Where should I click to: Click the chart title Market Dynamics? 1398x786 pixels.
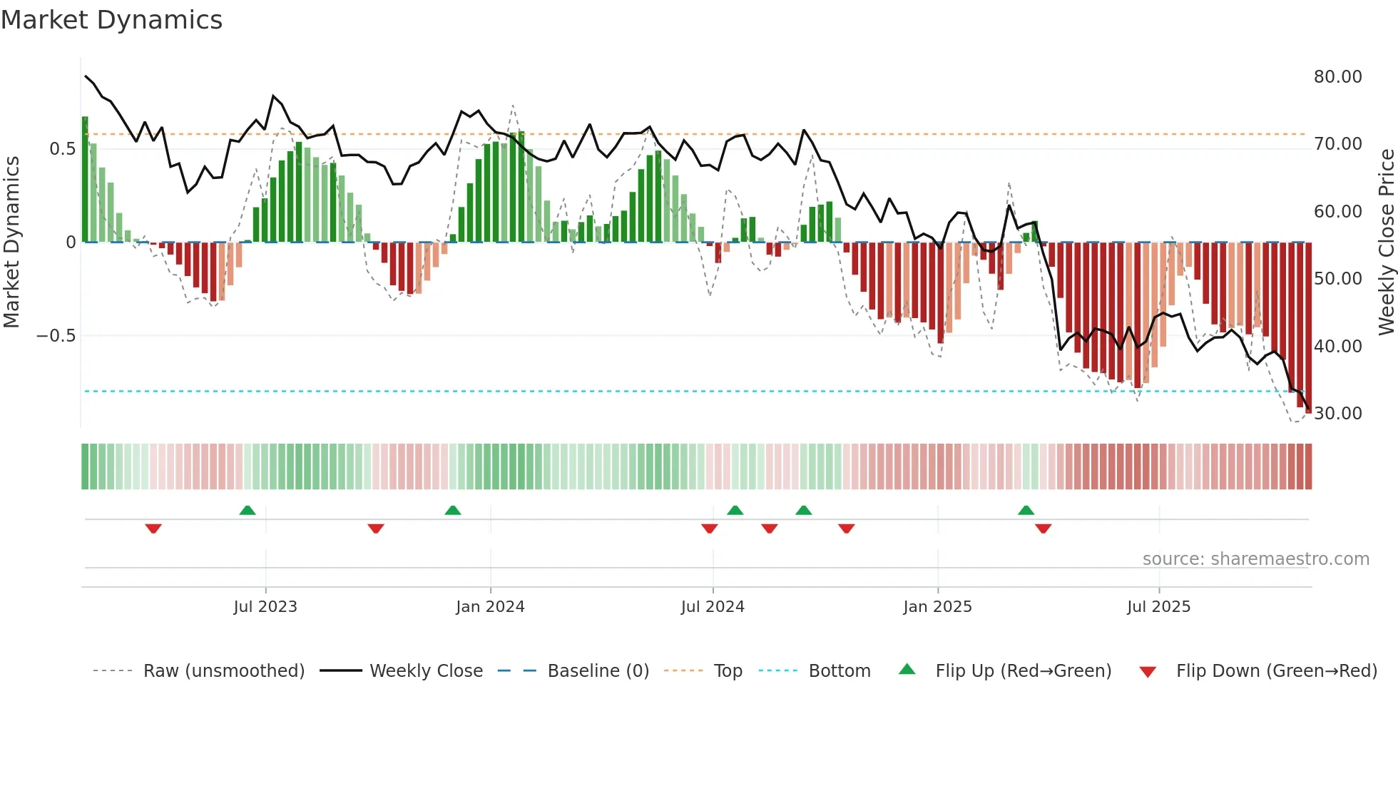pyautogui.click(x=111, y=20)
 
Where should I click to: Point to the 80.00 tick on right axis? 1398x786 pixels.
pyautogui.click(x=1337, y=77)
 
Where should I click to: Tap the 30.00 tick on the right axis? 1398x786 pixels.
pyautogui.click(x=1337, y=414)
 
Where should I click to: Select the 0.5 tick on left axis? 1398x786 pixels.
pyautogui.click(x=62, y=149)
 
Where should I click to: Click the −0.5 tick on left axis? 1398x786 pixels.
pyautogui.click(x=56, y=336)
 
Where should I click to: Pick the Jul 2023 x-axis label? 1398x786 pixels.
pyautogui.click(x=265, y=607)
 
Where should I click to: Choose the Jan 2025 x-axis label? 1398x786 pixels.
pyautogui.click(x=937, y=607)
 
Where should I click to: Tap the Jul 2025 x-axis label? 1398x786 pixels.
pyautogui.click(x=1158, y=607)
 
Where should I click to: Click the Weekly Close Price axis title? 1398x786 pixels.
pyautogui.click(x=1386, y=243)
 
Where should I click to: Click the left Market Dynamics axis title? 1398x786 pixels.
pyautogui.click(x=11, y=243)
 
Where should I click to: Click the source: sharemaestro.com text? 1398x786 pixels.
pyautogui.click(x=1255, y=559)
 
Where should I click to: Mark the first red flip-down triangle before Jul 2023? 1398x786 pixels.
pyautogui.click(x=153, y=529)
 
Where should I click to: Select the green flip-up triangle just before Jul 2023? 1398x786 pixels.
pyautogui.click(x=248, y=511)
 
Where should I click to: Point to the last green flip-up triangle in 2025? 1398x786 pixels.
pyautogui.click(x=1026, y=511)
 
